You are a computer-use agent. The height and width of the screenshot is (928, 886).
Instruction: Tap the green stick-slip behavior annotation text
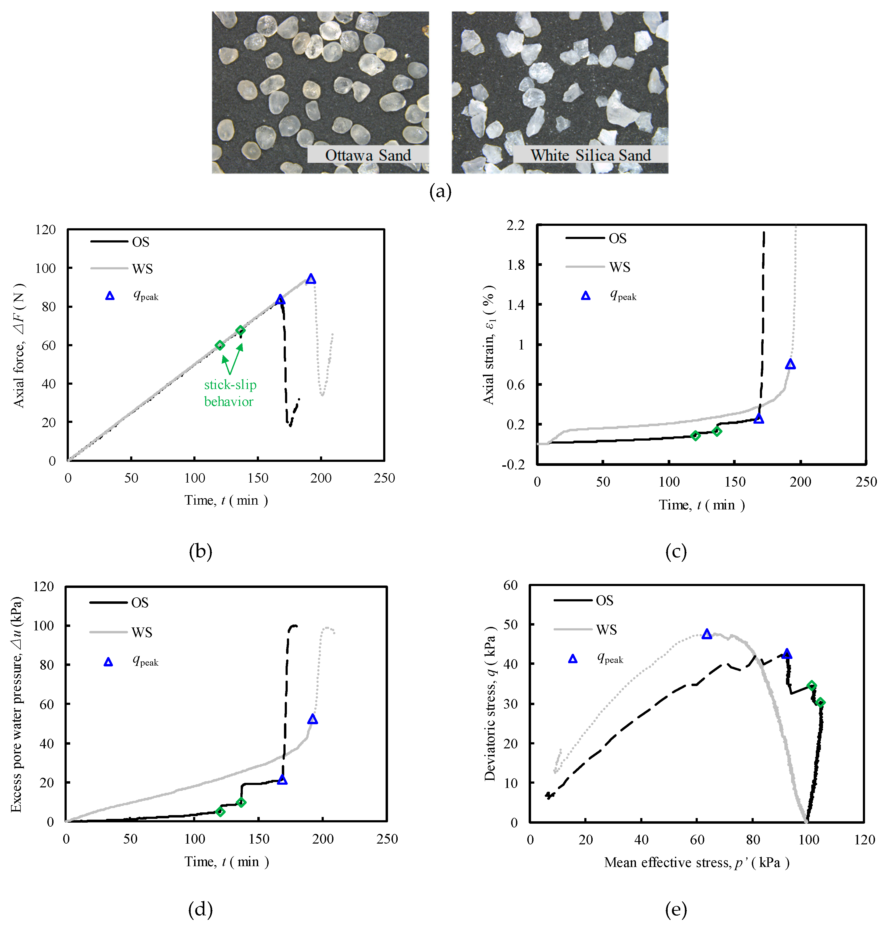[230, 393]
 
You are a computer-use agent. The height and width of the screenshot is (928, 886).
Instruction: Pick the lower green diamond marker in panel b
[220, 345]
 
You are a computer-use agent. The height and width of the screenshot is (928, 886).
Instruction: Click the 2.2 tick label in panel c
[516, 225]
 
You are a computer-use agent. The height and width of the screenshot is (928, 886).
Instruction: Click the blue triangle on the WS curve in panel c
[790, 364]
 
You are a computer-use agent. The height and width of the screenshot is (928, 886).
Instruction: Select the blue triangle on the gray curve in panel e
[707, 634]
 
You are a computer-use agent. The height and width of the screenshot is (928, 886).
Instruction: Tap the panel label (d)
[200, 909]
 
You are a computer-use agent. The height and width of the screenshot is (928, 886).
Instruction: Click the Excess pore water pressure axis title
[16, 704]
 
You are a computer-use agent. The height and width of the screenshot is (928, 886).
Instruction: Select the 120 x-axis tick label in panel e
[864, 840]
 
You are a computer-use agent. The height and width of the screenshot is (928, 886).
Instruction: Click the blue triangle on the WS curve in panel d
[313, 719]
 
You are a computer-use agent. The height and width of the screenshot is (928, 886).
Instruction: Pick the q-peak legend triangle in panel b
[109, 296]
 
